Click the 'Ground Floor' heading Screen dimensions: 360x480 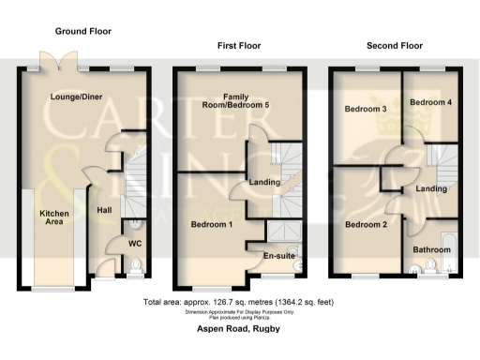click(x=83, y=31)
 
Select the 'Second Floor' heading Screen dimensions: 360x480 click(x=394, y=45)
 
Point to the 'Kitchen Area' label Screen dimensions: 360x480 click(x=54, y=218)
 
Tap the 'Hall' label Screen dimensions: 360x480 click(x=105, y=210)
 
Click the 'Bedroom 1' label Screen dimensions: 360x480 click(x=212, y=225)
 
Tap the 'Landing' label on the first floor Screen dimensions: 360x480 click(x=262, y=183)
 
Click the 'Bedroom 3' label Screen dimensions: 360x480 click(x=365, y=109)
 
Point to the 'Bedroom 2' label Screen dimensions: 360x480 click(x=365, y=225)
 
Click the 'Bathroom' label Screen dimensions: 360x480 click(x=432, y=250)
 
